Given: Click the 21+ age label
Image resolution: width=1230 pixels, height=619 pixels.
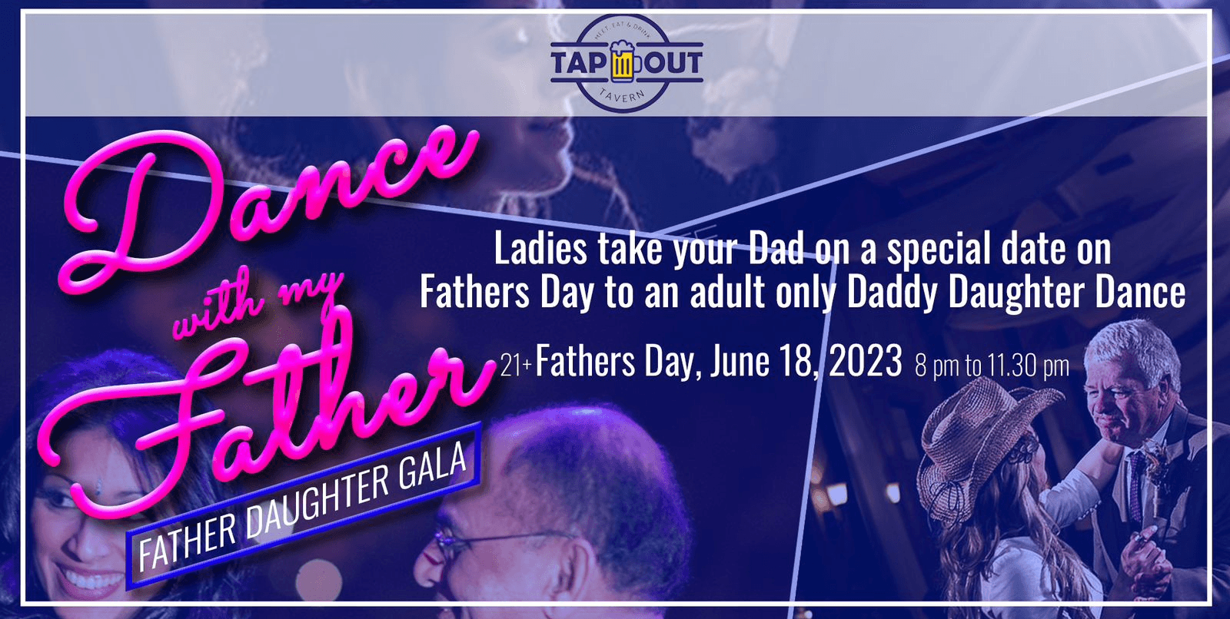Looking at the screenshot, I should pos(516,366).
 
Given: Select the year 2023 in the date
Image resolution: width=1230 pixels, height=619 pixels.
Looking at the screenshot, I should pos(865,361).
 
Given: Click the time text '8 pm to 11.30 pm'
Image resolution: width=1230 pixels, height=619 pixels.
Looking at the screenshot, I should pos(992,366).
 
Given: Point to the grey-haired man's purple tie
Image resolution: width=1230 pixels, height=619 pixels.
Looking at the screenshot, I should pos(1136,484).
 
